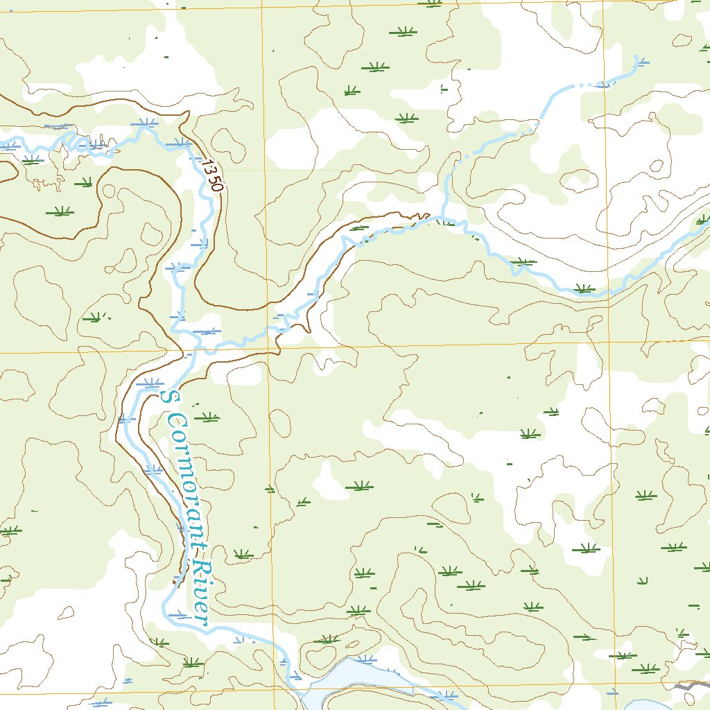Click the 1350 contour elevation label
pyautogui.click(x=213, y=176)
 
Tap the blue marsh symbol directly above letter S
pyautogui.click(x=149, y=383)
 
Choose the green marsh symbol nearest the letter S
pyautogui.click(x=206, y=417)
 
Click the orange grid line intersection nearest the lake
pyautogui.click(x=275, y=689)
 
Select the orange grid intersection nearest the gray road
pyautogui.click(x=616, y=686)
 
